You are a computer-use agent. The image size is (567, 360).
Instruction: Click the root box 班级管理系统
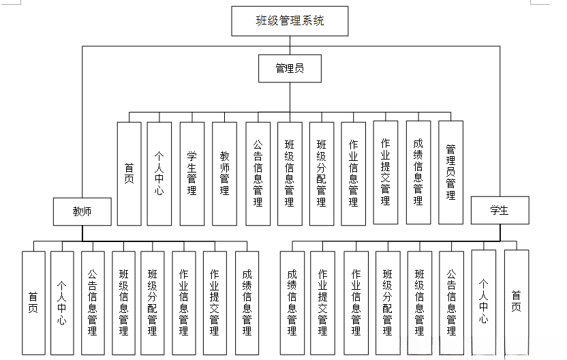point(290,20)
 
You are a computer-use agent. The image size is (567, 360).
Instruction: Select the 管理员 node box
point(290,68)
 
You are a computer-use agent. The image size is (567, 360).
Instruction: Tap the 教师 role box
point(82,211)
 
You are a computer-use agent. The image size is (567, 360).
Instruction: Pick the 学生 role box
point(500,210)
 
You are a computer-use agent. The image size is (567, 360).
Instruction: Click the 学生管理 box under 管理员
point(192,173)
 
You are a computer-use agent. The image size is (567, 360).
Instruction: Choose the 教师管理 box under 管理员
point(224,173)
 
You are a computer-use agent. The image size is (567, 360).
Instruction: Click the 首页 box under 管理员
point(129,173)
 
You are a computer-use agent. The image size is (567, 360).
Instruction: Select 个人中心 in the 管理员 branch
point(159,173)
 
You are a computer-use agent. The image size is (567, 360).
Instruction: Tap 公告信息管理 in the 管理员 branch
point(258,173)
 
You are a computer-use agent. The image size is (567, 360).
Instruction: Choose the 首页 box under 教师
point(33,302)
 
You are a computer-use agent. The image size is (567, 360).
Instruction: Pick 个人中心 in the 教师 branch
point(61,302)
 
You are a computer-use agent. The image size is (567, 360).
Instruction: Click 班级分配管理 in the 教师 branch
point(152,302)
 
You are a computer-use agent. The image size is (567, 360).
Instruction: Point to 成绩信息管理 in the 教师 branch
point(247,302)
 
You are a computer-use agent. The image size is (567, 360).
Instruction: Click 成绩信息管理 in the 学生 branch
point(292,302)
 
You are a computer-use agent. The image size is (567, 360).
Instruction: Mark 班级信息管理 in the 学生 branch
point(419,302)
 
